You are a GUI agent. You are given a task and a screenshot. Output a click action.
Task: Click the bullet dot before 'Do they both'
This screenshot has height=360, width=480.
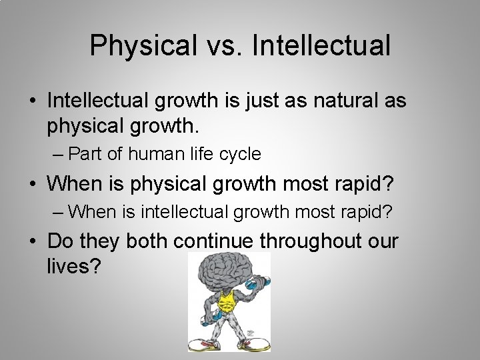coord(33,241)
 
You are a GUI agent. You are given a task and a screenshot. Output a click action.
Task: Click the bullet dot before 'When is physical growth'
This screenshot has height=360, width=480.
coord(33,183)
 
